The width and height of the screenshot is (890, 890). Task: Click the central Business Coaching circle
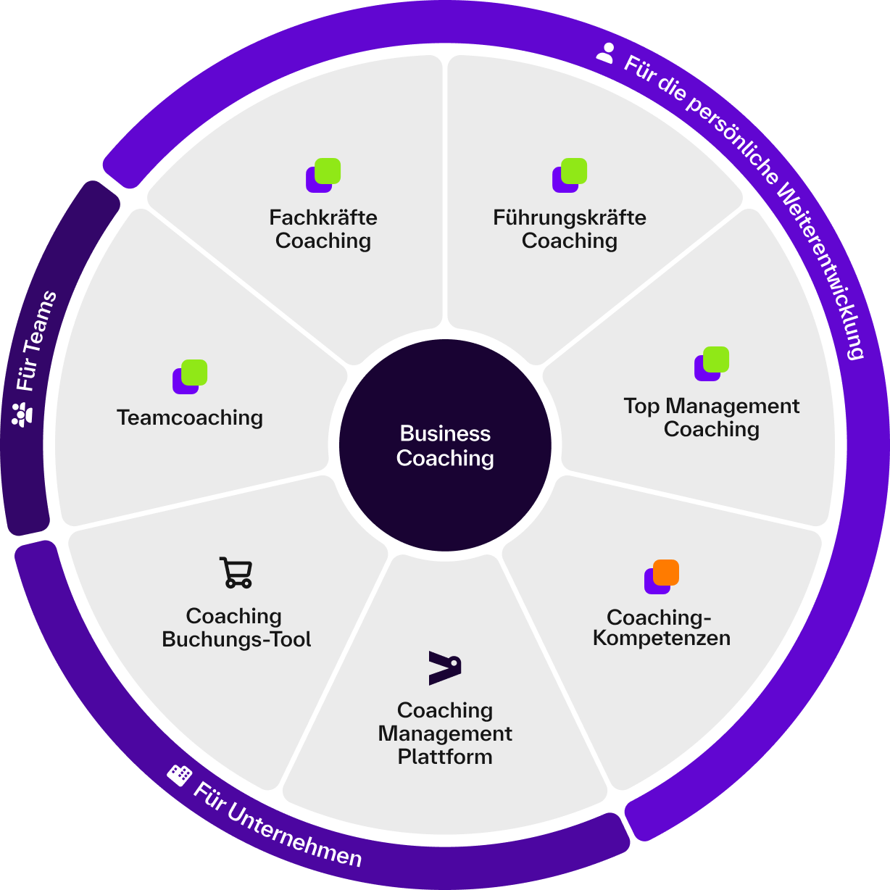pyautogui.click(x=445, y=445)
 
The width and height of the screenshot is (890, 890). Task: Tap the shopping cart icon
pyautogui.click(x=236, y=573)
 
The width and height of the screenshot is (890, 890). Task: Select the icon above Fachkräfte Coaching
pyautogui.click(x=323, y=175)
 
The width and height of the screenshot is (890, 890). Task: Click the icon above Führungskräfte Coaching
pyautogui.click(x=570, y=175)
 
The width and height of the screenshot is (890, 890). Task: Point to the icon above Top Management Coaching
pyautogui.click(x=712, y=364)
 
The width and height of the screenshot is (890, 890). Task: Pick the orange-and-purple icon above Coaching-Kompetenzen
pyautogui.click(x=662, y=577)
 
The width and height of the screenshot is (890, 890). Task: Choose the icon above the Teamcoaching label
pyautogui.click(x=190, y=377)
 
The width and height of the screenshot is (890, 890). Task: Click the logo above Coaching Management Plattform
pyautogui.click(x=445, y=667)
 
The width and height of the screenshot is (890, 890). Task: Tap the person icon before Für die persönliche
pyautogui.click(x=605, y=52)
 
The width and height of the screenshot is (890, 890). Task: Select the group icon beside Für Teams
pyautogui.click(x=22, y=415)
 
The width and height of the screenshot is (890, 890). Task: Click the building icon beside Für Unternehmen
pyautogui.click(x=179, y=775)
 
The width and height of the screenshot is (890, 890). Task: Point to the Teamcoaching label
pyautogui.click(x=190, y=417)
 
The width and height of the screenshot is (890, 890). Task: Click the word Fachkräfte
pyautogui.click(x=323, y=217)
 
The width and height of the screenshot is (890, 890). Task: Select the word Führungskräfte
pyautogui.click(x=570, y=217)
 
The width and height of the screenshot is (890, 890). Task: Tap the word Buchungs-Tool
pyautogui.click(x=236, y=639)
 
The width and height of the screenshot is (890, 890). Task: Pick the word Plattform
pyautogui.click(x=445, y=757)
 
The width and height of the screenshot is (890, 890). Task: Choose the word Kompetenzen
pyautogui.click(x=662, y=639)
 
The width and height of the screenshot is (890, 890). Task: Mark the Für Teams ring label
pyautogui.click(x=36, y=341)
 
